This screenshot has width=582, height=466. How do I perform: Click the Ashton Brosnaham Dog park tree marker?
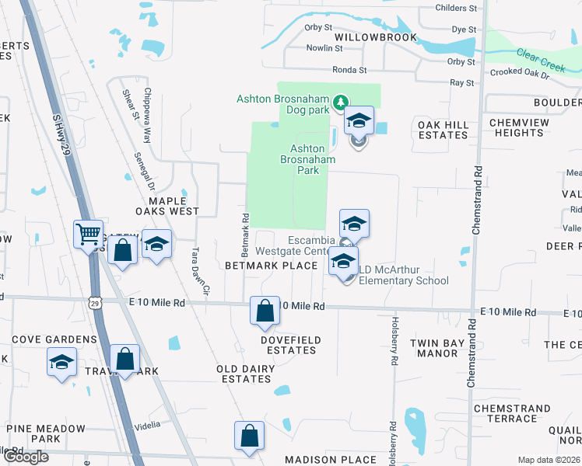(340, 102)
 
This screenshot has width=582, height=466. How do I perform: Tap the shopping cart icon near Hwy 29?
(89, 233)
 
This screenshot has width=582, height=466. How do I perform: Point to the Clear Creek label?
(539, 60)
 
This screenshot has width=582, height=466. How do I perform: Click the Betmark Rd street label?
(245, 235)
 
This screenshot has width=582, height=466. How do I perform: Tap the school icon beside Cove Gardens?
(62, 362)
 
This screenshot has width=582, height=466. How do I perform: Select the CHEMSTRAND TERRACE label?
(506, 413)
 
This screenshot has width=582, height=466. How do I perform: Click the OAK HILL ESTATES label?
(444, 130)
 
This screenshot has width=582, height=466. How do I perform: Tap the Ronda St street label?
(349, 70)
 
